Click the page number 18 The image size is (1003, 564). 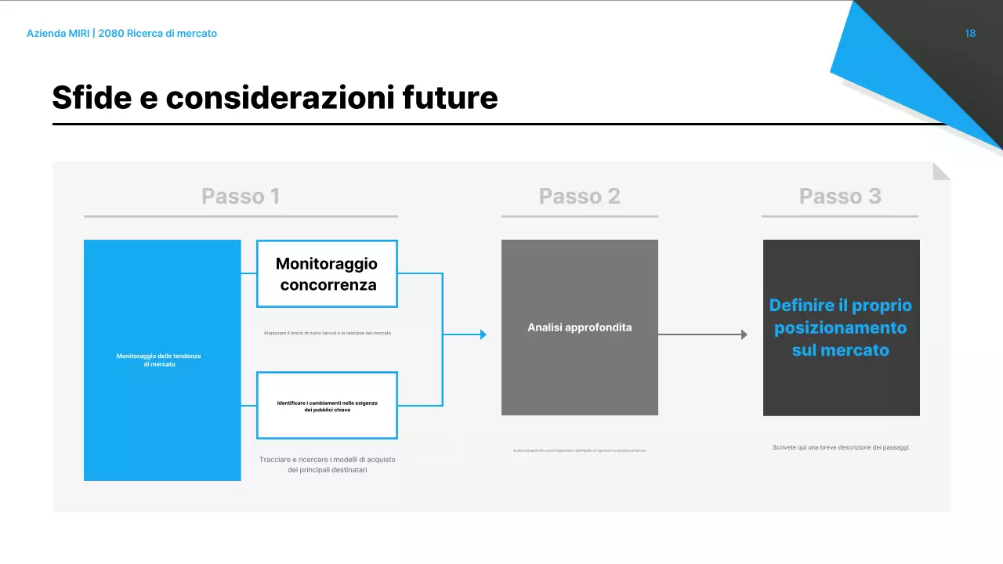[970, 34]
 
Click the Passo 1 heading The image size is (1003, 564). [241, 196]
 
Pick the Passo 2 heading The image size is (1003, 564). [579, 196]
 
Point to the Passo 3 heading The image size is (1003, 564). [840, 196]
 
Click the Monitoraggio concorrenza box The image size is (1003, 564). [327, 273]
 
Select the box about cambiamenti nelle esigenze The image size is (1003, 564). [327, 406]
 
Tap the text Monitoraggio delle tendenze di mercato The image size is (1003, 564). [159, 360]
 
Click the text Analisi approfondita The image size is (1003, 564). [579, 327]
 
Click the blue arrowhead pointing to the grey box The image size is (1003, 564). [483, 334]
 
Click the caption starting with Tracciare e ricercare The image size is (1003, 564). [327, 465]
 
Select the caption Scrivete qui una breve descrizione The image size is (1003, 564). [841, 447]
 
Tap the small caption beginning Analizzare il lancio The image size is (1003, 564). [327, 333]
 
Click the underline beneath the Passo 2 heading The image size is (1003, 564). [579, 216]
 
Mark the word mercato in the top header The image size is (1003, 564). [197, 34]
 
